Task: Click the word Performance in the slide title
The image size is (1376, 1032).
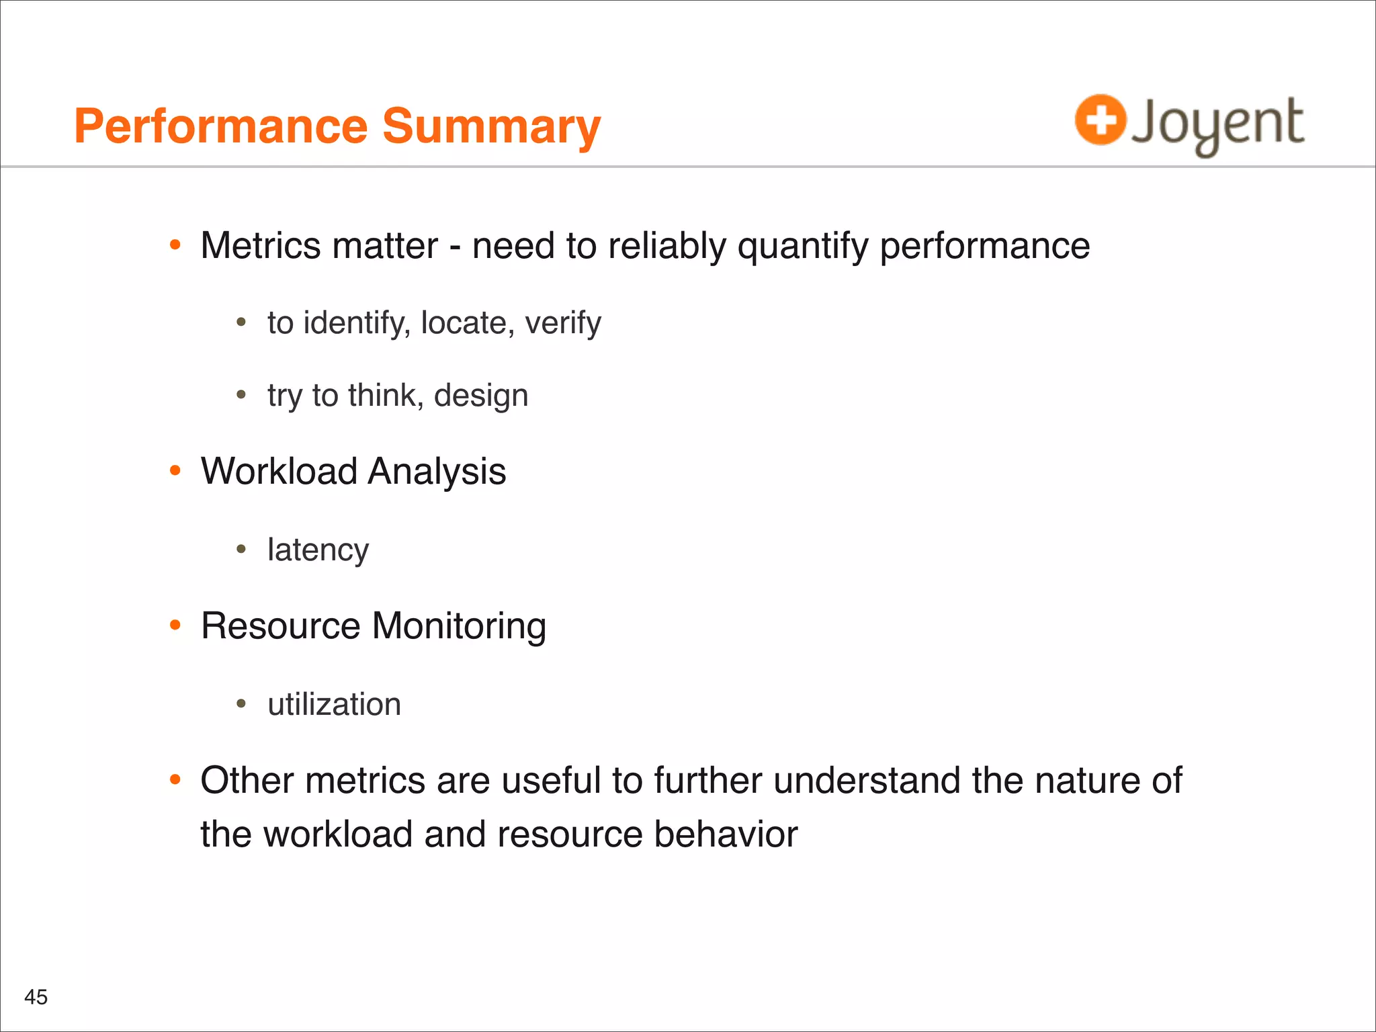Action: click(221, 126)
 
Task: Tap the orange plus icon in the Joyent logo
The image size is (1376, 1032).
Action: click(1100, 120)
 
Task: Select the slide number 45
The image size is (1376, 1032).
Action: click(36, 997)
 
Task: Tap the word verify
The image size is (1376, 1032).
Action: click(563, 323)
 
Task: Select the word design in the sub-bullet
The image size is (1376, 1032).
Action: click(481, 396)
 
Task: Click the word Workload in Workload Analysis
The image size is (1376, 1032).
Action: click(279, 471)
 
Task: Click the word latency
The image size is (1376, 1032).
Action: click(318, 550)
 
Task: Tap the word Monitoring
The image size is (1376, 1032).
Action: click(459, 626)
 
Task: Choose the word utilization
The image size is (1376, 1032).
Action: click(334, 704)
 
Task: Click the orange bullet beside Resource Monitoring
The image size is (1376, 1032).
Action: click(175, 626)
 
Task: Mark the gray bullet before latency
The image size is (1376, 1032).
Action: click(241, 550)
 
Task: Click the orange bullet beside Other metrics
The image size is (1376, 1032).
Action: click(175, 780)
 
